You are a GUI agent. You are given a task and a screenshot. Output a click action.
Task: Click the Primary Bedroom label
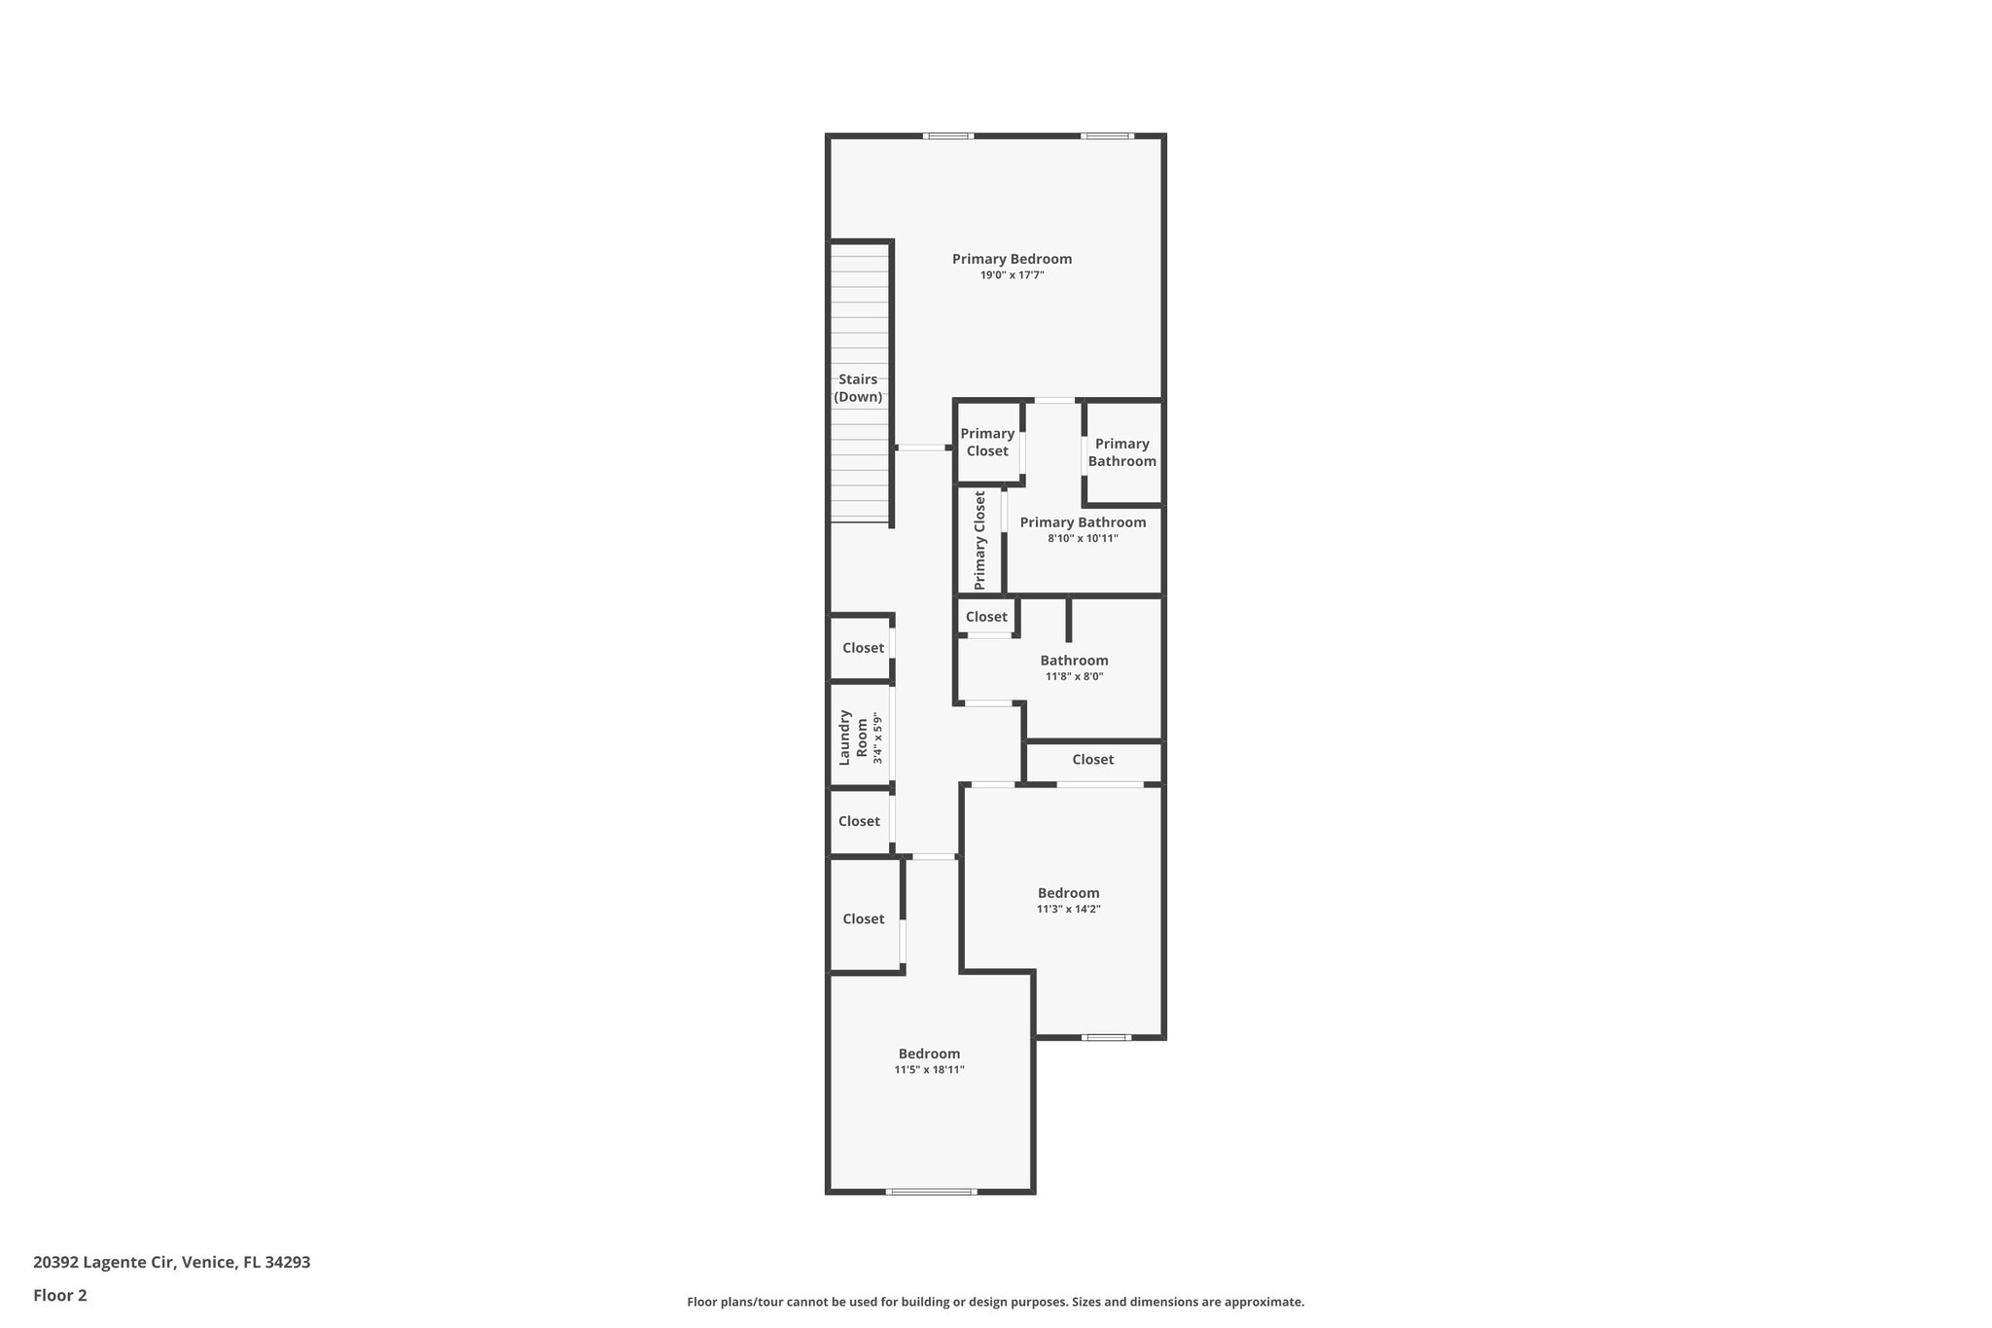(1012, 259)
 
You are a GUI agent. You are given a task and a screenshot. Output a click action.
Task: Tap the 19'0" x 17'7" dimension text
(1012, 275)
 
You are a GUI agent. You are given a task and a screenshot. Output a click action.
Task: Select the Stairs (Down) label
(858, 388)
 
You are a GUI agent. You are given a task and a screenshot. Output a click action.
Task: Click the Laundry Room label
(853, 736)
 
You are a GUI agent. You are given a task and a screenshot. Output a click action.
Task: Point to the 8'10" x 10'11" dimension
(1083, 538)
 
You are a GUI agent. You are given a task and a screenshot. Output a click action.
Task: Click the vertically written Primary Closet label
(979, 540)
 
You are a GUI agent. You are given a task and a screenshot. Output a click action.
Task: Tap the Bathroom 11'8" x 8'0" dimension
(1074, 676)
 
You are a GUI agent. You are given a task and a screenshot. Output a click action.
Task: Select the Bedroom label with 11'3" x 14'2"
(1068, 893)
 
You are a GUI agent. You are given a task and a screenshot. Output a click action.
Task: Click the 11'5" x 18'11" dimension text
(929, 1069)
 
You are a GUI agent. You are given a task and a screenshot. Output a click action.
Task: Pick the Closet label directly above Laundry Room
(863, 648)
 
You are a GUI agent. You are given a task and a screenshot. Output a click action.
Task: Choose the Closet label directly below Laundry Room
(859, 821)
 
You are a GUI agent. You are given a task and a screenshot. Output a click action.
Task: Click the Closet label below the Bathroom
(1092, 760)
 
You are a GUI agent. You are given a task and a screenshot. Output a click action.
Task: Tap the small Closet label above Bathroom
(986, 617)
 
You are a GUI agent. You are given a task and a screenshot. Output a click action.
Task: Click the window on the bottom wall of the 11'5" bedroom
(930, 1191)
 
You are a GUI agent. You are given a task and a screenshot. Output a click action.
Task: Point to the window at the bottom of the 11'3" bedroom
(1106, 1037)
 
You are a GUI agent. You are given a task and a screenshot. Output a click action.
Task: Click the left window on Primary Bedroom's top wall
(948, 136)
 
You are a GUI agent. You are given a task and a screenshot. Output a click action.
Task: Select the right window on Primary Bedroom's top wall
(1107, 136)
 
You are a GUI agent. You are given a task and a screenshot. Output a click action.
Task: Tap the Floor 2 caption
(60, 1296)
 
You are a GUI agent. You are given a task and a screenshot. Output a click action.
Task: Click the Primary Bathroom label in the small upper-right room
(1121, 452)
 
